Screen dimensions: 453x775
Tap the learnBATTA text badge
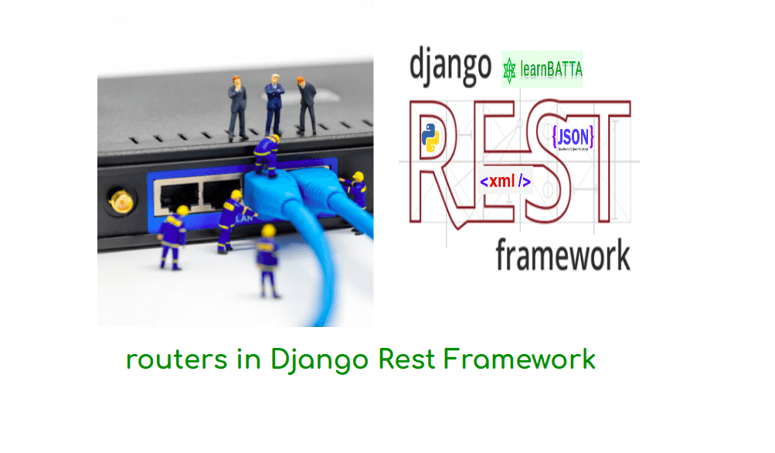550,71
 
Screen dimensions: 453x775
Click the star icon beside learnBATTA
509,70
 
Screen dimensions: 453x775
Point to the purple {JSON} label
573,138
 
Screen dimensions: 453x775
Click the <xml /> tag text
505,182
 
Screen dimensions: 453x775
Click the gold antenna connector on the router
121,203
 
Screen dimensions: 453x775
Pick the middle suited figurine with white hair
274,104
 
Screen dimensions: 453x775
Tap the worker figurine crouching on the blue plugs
267,155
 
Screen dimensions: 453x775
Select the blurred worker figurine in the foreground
268,259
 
